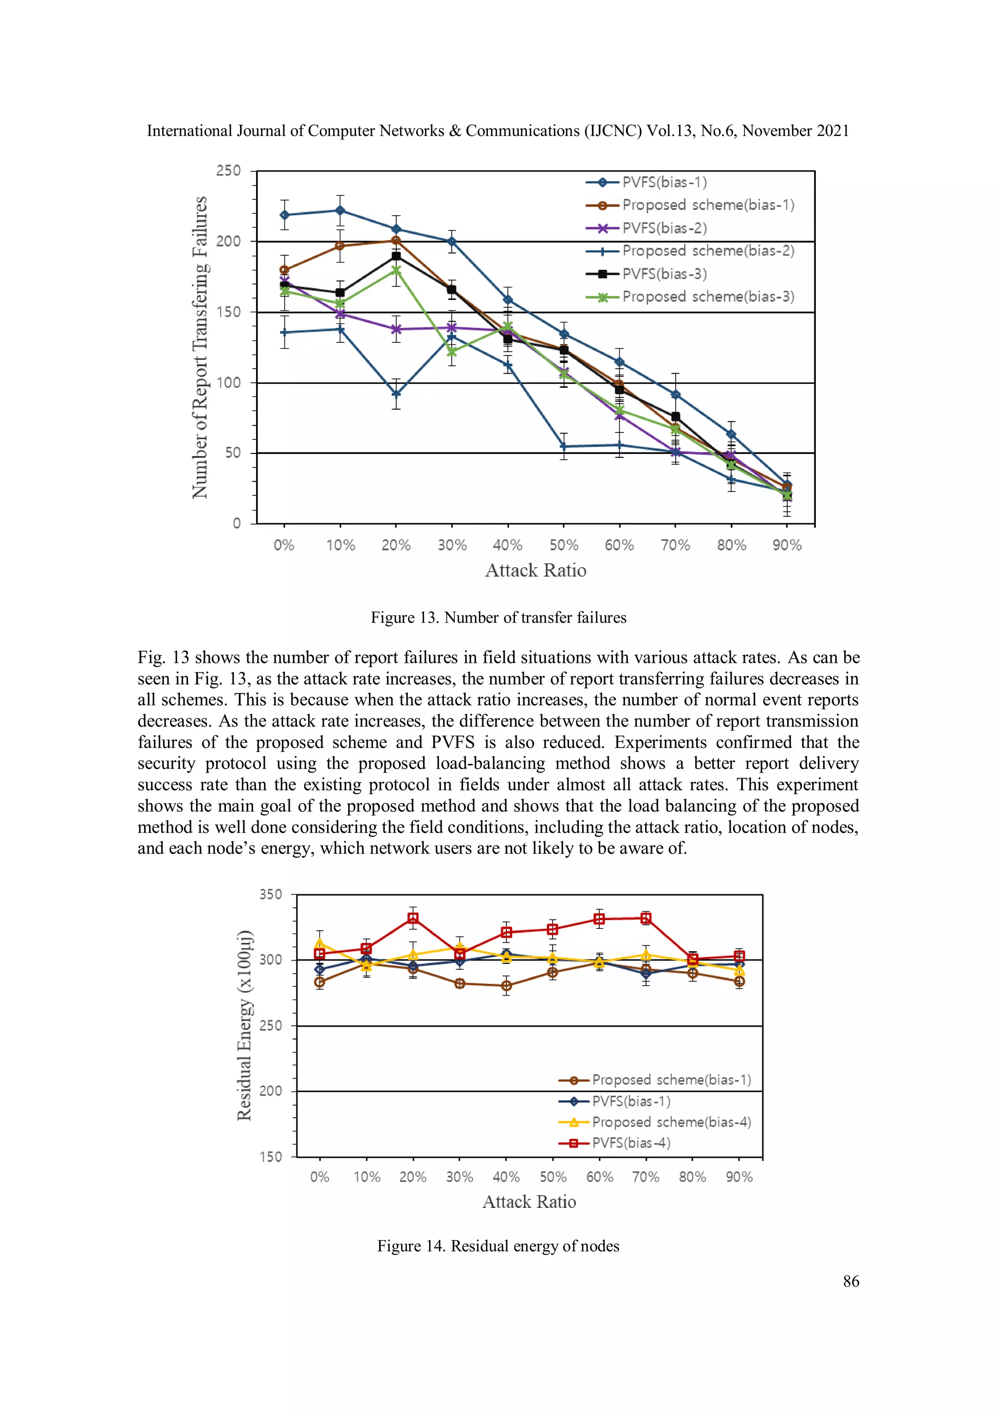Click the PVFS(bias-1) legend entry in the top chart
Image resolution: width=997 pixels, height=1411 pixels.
tap(664, 183)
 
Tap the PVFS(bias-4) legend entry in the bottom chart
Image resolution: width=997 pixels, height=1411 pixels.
tap(631, 1143)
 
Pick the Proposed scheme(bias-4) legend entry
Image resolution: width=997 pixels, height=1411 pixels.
tap(671, 1122)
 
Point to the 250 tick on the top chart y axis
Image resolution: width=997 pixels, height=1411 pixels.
tap(228, 171)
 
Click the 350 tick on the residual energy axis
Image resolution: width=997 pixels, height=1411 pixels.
tap(270, 895)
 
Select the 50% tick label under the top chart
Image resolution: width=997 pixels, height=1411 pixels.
tap(563, 545)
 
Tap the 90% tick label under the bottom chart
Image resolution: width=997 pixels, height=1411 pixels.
tap(739, 1177)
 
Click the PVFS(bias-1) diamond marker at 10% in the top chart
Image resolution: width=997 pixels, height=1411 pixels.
tap(340, 211)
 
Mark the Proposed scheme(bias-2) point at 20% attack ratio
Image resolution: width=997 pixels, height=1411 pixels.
tap(396, 394)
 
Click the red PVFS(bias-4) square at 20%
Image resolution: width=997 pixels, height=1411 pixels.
tap(413, 918)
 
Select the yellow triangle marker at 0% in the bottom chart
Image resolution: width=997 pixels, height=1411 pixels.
tap(319, 943)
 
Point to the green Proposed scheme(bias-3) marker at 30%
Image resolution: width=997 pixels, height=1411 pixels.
tap(452, 352)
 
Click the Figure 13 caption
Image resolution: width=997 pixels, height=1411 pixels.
tap(498, 618)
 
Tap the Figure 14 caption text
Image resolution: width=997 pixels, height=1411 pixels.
tap(498, 1246)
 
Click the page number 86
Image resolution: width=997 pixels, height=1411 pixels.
tap(851, 1281)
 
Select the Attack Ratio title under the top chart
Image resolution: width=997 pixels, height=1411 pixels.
tap(535, 570)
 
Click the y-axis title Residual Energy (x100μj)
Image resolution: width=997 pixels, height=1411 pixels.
tap(244, 1025)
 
